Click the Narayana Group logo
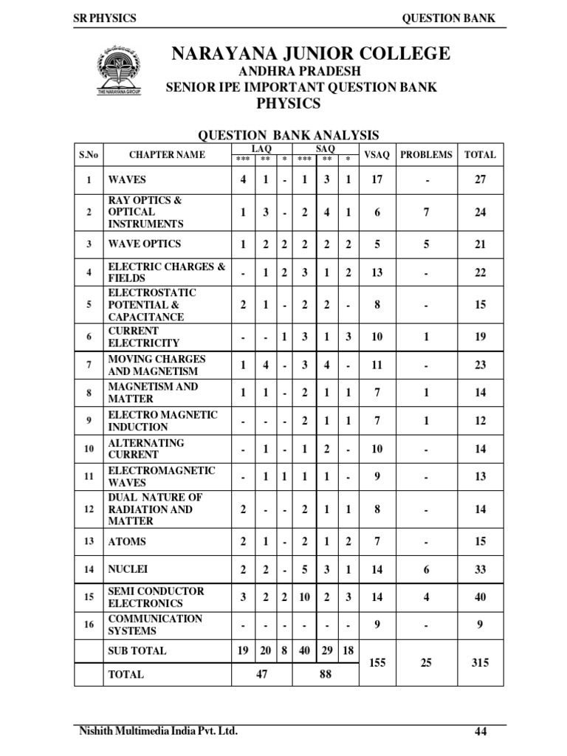(x=119, y=71)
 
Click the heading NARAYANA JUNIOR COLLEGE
(x=309, y=54)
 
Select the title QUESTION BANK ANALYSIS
(x=287, y=135)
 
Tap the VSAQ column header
(x=377, y=154)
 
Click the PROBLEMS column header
(x=426, y=154)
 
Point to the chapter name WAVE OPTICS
(x=145, y=244)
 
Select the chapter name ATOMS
(x=127, y=541)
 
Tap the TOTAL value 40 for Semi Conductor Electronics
(x=481, y=597)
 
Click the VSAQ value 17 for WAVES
(x=377, y=179)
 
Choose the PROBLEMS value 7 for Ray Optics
(x=426, y=212)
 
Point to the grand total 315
(x=481, y=662)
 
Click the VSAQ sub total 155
(x=377, y=662)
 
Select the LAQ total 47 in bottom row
(x=261, y=674)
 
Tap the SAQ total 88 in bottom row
(x=326, y=674)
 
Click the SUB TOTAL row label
(x=137, y=650)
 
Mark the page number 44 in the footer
(x=481, y=732)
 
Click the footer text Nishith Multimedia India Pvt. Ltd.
(x=159, y=731)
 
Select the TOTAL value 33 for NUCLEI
(x=481, y=569)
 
